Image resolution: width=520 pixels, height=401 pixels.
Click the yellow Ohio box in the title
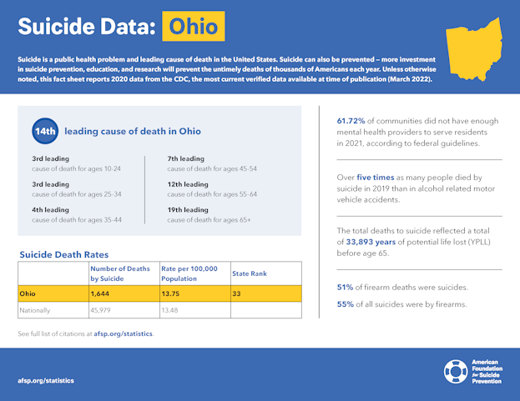click(193, 27)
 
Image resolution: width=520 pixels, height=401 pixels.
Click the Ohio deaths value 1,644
click(103, 294)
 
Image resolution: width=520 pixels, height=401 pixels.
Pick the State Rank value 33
click(237, 294)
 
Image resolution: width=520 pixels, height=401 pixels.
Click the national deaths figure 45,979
click(103, 310)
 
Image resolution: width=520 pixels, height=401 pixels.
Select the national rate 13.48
click(171, 310)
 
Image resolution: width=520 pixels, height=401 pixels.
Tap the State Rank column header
click(250, 273)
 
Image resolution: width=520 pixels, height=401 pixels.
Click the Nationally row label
click(36, 310)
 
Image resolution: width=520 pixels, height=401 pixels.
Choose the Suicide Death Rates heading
click(63, 254)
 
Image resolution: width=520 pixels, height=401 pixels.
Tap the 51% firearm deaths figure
click(345, 288)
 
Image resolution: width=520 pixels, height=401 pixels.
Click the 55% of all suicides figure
click(345, 304)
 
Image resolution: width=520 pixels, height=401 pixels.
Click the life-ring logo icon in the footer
click(456, 370)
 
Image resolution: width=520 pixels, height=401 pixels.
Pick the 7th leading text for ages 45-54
click(186, 158)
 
